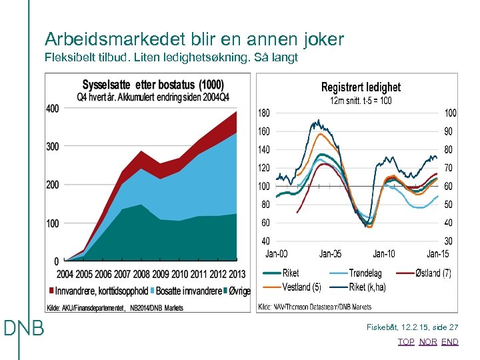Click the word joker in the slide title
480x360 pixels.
coord(320,39)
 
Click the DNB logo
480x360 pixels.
coord(24,328)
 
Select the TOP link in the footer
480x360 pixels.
coord(405,341)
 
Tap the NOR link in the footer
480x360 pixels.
coord(428,341)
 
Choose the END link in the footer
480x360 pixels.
coord(450,341)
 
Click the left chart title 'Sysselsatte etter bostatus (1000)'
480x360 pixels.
coord(153,85)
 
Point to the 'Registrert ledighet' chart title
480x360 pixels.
coord(361,87)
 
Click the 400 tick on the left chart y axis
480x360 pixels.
coord(53,109)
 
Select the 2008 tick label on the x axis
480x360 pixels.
coord(141,274)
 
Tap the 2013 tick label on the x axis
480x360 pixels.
coord(237,274)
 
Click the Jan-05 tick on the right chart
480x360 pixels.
coord(330,253)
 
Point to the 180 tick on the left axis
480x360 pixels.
coord(264,113)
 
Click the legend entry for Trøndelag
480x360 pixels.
coord(365,273)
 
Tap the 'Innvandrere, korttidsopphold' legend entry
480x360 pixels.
coord(99,291)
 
